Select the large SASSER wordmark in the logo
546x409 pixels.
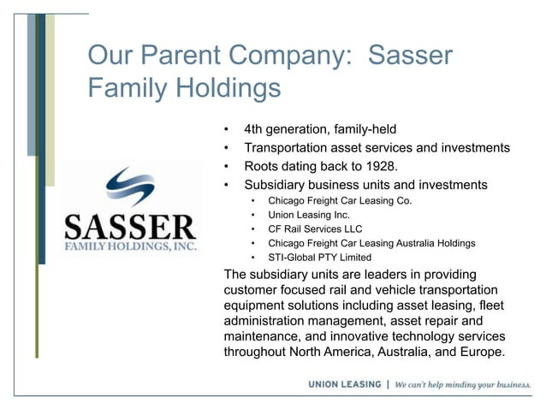131,227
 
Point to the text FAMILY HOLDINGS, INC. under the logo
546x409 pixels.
131,246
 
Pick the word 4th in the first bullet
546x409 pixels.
255,130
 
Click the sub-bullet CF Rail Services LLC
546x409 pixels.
315,229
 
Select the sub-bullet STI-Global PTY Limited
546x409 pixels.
319,257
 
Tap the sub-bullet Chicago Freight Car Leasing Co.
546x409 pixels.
340,201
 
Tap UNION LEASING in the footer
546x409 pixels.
345,384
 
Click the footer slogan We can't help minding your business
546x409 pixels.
463,384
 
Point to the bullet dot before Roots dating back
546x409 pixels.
226,166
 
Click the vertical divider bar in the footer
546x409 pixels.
389,384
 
